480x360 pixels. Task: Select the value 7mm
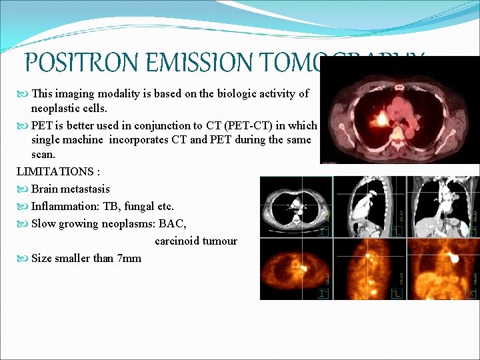tap(129, 259)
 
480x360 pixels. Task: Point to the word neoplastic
tap(57, 108)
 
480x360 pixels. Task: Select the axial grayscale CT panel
tap(296, 206)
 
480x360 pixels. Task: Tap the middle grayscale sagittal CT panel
tap(369, 206)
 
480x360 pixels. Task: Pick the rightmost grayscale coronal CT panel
tap(443, 206)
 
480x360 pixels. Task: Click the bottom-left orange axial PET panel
tap(296, 269)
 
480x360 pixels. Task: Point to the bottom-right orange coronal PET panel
tap(443, 269)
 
